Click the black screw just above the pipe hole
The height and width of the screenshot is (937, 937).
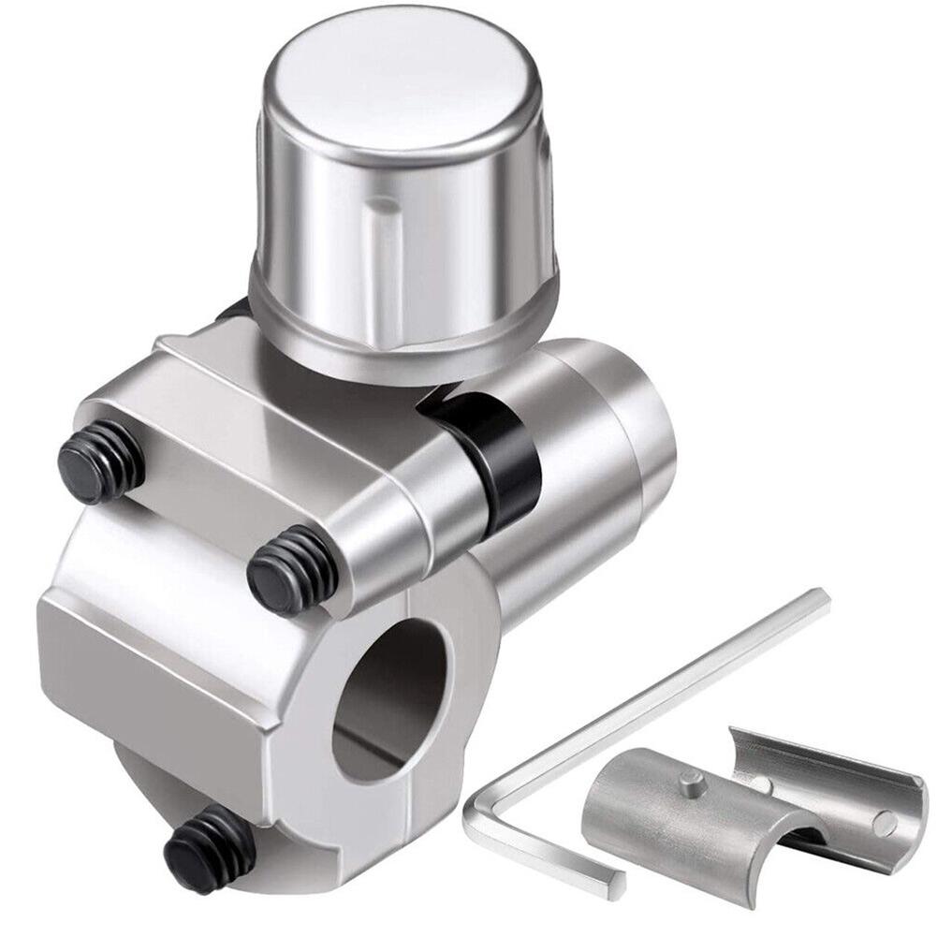292,569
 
